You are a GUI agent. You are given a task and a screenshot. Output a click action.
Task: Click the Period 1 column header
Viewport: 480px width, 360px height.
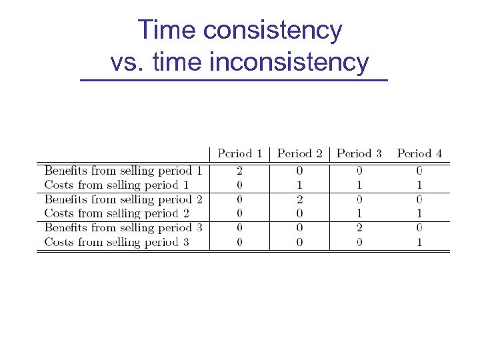click(x=239, y=154)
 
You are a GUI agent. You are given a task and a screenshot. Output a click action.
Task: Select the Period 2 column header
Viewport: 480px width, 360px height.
click(x=299, y=154)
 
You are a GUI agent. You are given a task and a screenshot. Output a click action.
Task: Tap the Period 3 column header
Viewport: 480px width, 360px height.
click(x=359, y=154)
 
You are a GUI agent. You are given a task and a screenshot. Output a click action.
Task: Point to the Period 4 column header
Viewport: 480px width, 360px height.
click(x=419, y=154)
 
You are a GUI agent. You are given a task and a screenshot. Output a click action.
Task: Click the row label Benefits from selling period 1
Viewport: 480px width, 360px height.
click(x=123, y=171)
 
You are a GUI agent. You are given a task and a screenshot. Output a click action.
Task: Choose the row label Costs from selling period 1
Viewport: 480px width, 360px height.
click(x=117, y=185)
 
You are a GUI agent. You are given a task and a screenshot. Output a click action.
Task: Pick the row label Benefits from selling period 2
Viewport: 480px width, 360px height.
click(x=123, y=199)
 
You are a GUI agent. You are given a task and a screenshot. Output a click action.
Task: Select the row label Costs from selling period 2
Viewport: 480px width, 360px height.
click(x=117, y=213)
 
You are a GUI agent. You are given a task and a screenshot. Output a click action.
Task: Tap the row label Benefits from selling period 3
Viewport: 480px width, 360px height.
click(x=123, y=227)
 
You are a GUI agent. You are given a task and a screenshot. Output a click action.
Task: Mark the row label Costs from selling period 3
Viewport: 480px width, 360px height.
click(x=117, y=242)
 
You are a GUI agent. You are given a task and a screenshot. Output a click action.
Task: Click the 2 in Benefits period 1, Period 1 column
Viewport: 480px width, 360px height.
click(x=239, y=171)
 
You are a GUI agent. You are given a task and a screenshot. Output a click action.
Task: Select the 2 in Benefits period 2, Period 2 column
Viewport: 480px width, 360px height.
click(x=299, y=199)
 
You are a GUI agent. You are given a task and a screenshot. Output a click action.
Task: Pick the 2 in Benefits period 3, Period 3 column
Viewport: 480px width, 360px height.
click(x=359, y=227)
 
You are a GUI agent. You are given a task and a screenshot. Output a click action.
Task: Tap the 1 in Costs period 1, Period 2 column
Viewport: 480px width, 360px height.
click(x=299, y=185)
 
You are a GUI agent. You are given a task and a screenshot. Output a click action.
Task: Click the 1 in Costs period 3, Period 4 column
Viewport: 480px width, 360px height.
click(x=419, y=242)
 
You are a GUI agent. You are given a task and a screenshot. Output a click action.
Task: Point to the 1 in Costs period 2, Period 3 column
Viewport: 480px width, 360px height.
click(x=359, y=213)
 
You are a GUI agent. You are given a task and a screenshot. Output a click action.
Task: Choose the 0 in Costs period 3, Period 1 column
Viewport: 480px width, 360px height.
click(x=239, y=242)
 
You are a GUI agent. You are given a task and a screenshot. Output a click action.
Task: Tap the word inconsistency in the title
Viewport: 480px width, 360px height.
click(x=289, y=62)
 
